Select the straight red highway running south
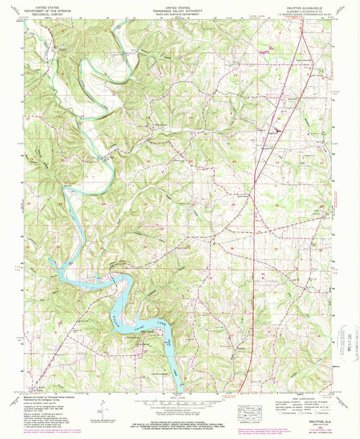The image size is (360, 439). pyautogui.click(x=253, y=270)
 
